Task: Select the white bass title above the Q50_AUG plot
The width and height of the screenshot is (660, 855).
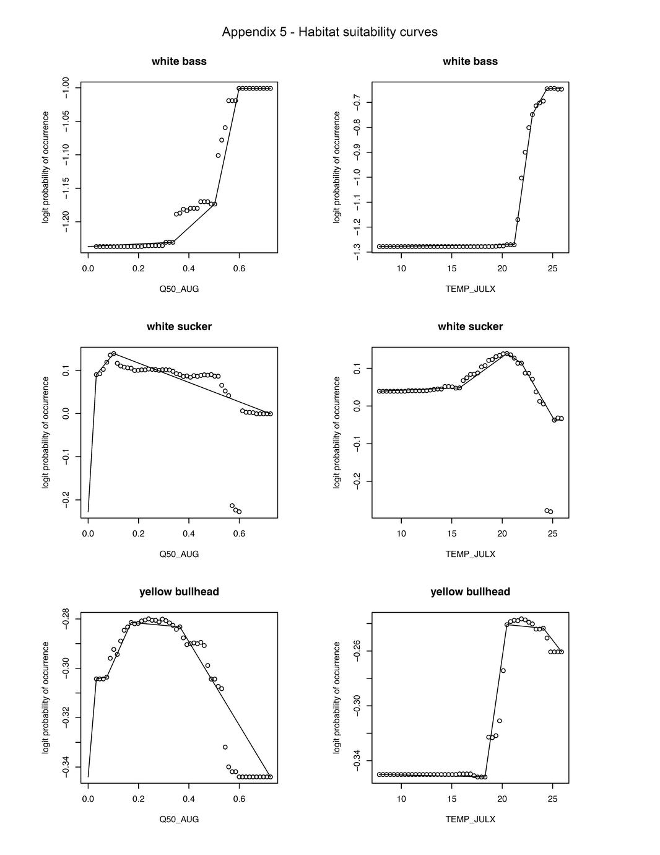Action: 179,61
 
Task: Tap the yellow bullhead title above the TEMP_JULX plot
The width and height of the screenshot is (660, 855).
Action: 470,592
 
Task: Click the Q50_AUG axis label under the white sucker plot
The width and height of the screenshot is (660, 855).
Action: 179,554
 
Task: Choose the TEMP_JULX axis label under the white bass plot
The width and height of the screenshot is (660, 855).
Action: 470,289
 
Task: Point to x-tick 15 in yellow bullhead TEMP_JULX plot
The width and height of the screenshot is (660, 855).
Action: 452,799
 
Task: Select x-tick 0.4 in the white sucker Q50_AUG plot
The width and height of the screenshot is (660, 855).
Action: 189,533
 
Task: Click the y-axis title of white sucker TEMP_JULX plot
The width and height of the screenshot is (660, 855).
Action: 337,432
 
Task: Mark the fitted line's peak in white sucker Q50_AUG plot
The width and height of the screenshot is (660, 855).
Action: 114,354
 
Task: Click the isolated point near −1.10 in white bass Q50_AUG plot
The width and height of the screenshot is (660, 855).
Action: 218,156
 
